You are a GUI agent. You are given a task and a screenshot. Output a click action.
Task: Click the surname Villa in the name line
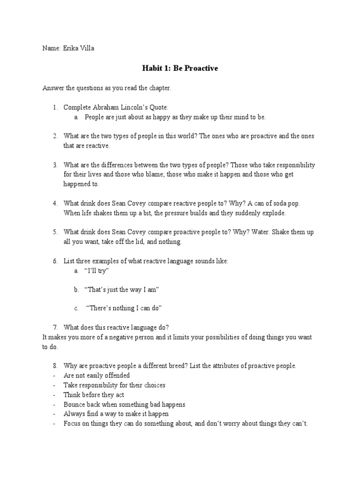click(86, 48)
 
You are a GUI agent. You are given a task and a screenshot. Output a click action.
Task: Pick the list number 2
click(55, 136)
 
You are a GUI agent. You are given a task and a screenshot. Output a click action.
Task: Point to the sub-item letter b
click(76, 290)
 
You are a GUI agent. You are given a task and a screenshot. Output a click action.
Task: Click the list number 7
click(55, 327)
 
